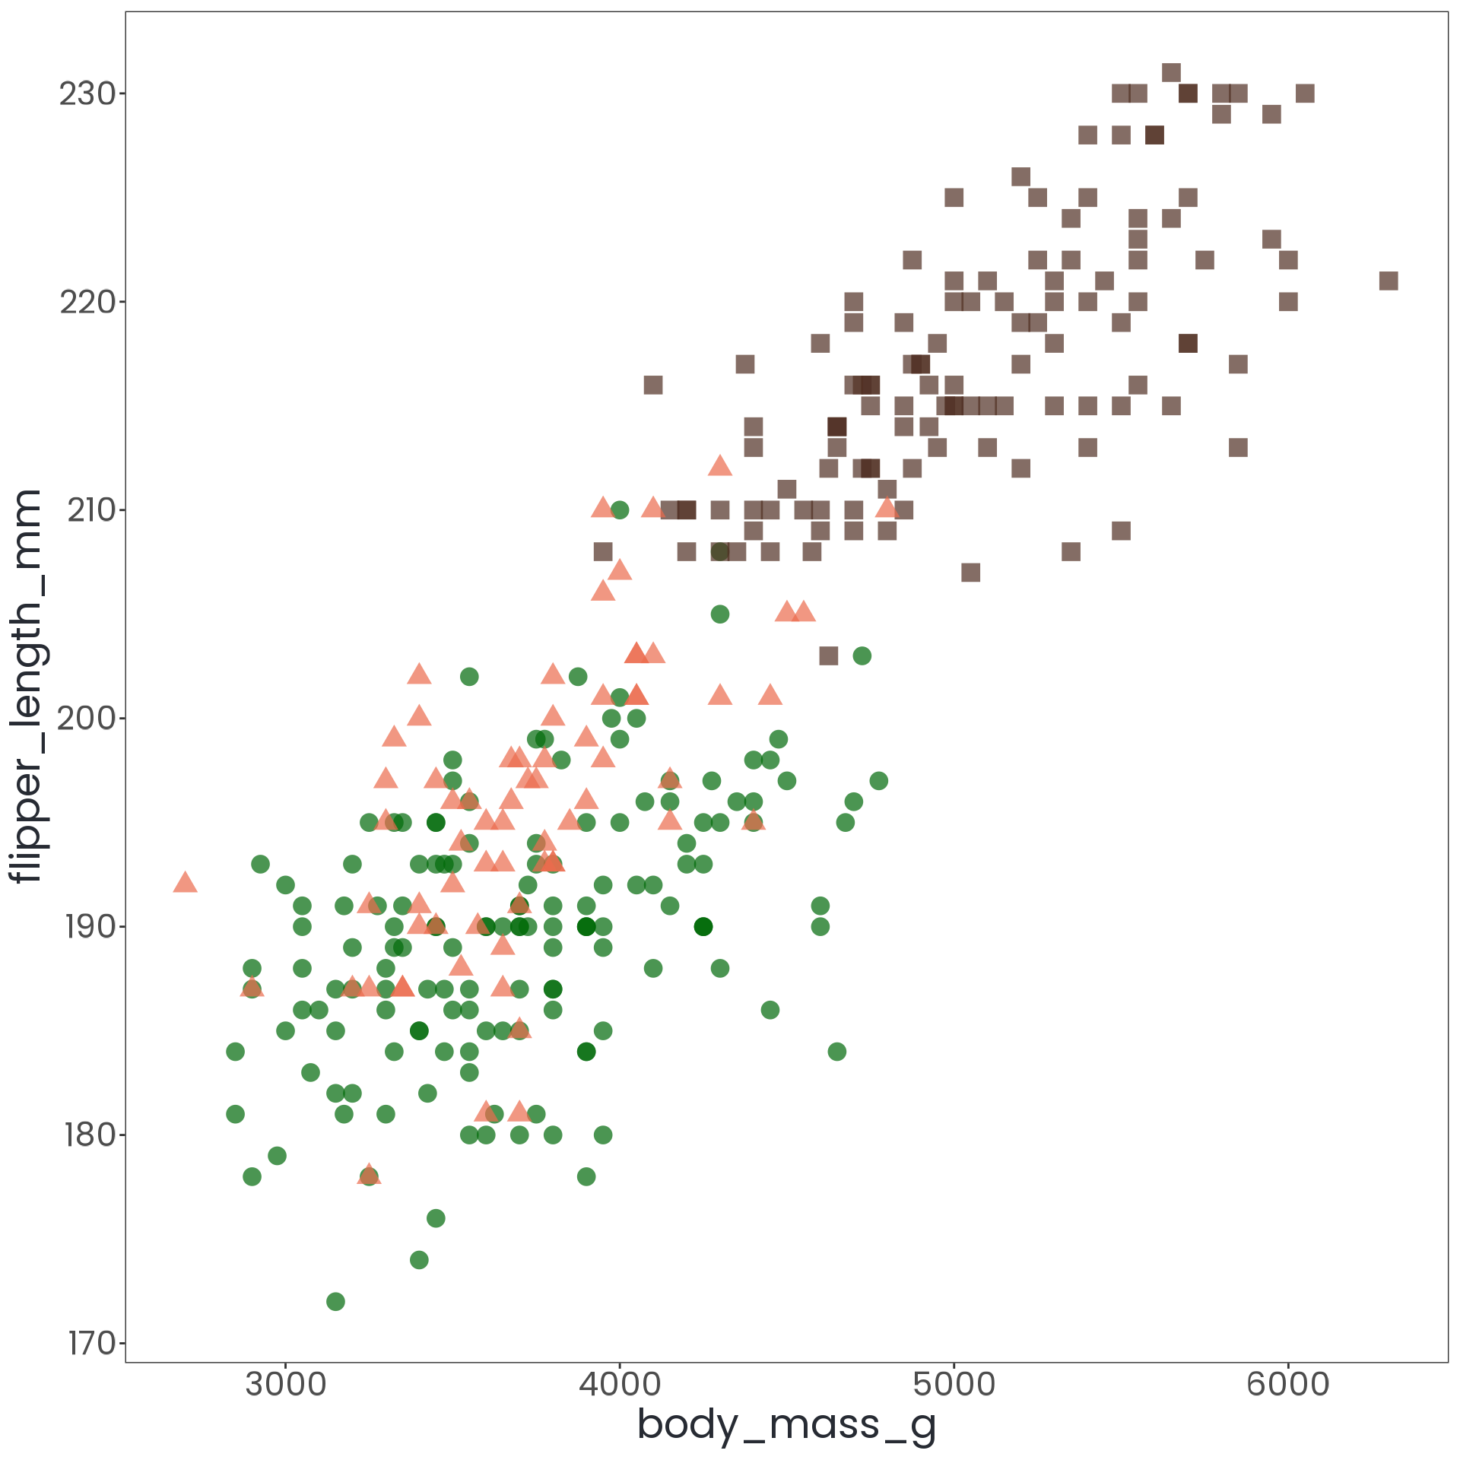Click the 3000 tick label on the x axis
tap(286, 1384)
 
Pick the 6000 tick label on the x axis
tap(1288, 1384)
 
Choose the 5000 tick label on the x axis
tap(954, 1384)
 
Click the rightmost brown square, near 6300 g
tap(1389, 281)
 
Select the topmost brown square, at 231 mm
tap(1171, 73)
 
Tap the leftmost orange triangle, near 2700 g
tap(186, 883)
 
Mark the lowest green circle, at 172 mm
tap(335, 1301)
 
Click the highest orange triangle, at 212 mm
tap(720, 466)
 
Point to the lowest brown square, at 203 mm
tap(829, 655)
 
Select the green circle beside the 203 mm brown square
tap(862, 655)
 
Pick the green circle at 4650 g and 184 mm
tap(837, 1052)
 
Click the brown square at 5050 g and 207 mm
tap(971, 572)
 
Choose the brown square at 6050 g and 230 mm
tap(1305, 94)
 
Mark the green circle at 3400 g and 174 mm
tap(419, 1260)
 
